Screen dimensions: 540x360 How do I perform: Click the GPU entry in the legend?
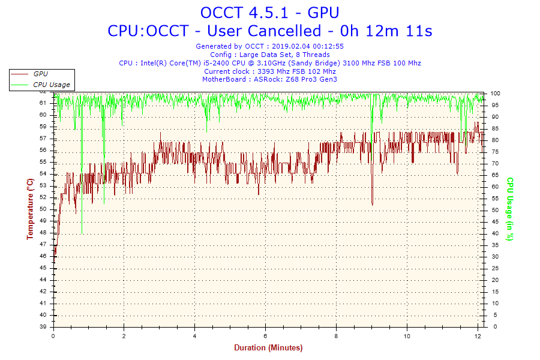click(40, 74)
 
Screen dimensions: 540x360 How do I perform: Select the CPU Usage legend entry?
click(52, 85)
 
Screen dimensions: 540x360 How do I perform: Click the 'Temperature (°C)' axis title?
click(31, 209)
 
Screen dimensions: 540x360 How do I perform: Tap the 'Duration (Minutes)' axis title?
click(268, 347)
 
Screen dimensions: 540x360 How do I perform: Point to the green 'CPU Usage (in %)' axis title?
click(510, 209)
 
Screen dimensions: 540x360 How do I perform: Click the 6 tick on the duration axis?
click(265, 336)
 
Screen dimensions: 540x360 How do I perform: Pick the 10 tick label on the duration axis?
click(407, 336)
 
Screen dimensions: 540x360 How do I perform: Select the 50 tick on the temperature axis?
click(43, 209)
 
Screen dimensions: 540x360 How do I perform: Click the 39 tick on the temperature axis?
click(43, 326)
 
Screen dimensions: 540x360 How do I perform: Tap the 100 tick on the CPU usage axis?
click(495, 94)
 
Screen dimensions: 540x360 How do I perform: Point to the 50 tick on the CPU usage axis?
click(495, 210)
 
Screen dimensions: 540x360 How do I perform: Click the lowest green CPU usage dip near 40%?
click(82, 233)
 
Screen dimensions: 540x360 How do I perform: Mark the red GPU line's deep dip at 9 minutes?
click(372, 204)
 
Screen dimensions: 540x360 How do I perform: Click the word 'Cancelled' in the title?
click(284, 31)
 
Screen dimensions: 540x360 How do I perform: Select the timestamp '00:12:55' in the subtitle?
click(328, 46)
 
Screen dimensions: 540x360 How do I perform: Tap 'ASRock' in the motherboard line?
click(266, 79)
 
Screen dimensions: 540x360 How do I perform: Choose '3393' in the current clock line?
click(266, 71)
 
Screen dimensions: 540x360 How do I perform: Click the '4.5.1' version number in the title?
click(268, 13)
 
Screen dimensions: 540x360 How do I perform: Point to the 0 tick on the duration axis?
click(53, 336)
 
